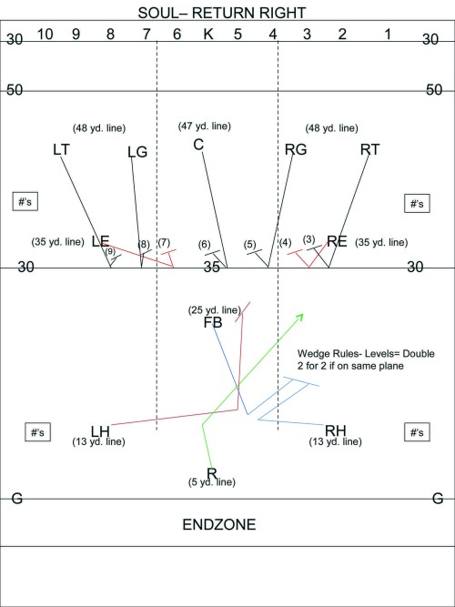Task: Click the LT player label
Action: point(61,150)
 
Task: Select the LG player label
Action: point(137,153)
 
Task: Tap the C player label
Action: point(198,145)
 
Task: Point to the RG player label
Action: point(296,149)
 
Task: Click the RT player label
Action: point(370,149)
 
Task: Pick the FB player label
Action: point(213,323)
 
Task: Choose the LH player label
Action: point(100,430)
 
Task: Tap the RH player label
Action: point(336,430)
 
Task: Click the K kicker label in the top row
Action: point(208,35)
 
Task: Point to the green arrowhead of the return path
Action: point(300,317)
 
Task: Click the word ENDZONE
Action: point(219,525)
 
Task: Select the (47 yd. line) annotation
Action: point(205,126)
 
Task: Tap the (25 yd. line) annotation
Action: point(215,310)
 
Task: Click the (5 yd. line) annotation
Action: point(212,482)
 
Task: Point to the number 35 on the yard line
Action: point(212,268)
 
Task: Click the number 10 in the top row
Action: point(45,35)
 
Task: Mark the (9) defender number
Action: point(110,251)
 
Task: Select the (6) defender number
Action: point(204,245)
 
